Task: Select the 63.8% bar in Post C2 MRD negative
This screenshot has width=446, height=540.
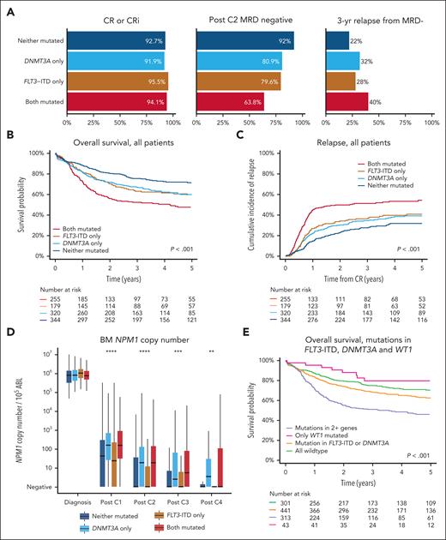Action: [230, 108]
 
